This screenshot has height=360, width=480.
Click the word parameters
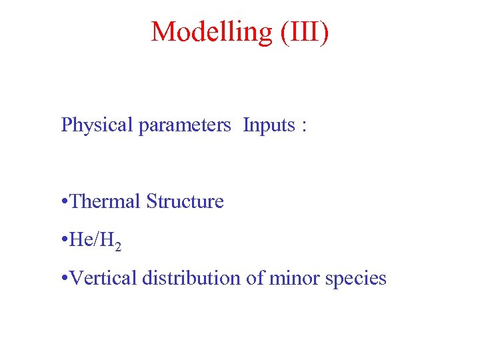(x=185, y=125)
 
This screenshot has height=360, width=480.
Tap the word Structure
(x=185, y=201)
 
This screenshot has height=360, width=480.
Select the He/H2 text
(x=95, y=240)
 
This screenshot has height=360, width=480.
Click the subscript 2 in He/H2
(x=118, y=247)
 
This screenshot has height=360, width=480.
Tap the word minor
(x=294, y=277)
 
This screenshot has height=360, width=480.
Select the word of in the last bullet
(x=255, y=277)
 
